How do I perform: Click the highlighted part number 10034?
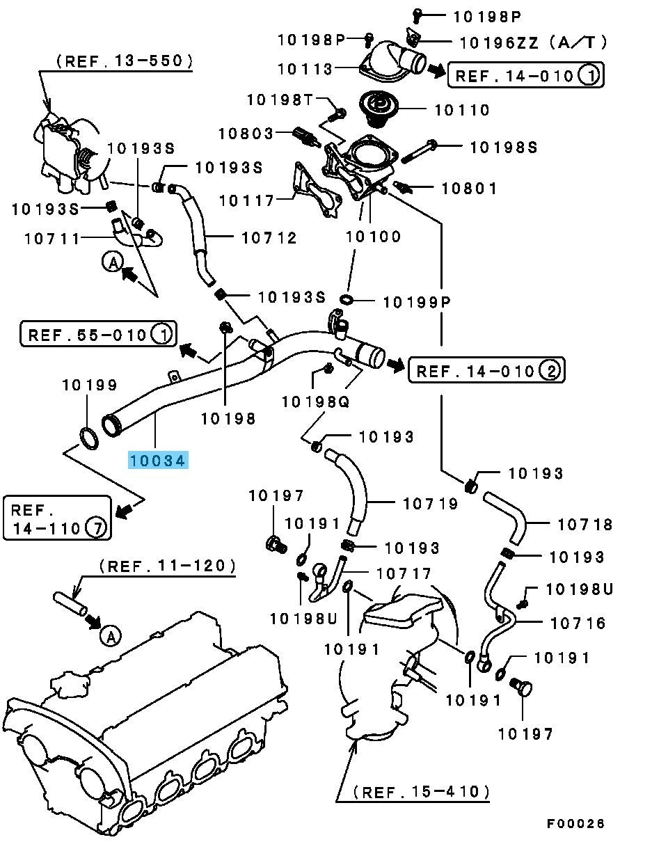click(157, 460)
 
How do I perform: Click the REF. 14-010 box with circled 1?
click(525, 75)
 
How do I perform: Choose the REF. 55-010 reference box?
click(98, 335)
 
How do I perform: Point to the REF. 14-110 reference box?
click(57, 518)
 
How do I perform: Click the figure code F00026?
click(575, 824)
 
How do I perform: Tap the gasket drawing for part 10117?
click(317, 190)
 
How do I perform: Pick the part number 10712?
click(269, 238)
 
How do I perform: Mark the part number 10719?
click(431, 503)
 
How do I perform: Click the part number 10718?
click(585, 524)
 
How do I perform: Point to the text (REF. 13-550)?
click(125, 61)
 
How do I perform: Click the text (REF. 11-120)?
click(168, 566)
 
